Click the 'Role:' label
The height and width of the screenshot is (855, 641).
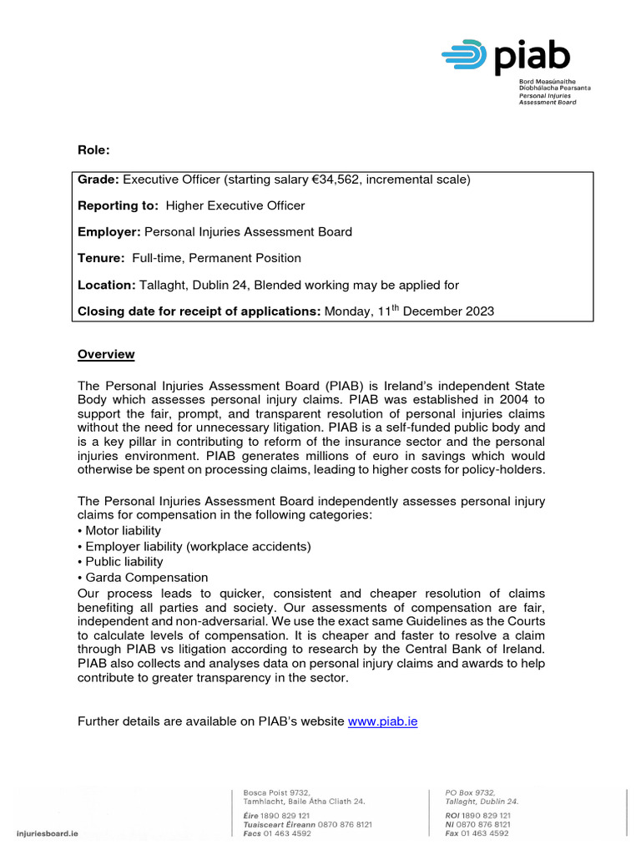(93, 150)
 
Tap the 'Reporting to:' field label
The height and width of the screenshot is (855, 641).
(119, 205)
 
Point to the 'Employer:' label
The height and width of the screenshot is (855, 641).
(110, 231)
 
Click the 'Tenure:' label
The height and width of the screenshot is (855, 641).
(101, 258)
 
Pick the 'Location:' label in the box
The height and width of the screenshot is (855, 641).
(106, 285)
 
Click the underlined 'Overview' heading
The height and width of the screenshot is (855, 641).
(106, 354)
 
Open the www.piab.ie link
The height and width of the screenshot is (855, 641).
(382, 721)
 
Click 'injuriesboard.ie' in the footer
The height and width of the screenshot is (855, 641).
(47, 833)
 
